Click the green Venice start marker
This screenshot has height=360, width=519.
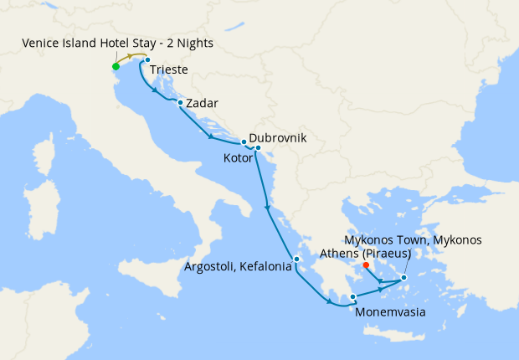point(116,67)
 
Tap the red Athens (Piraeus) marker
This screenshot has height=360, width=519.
point(367,265)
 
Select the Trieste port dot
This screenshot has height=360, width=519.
point(146,60)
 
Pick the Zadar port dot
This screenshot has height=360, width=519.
point(180,103)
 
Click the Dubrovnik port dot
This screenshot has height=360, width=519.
point(244,141)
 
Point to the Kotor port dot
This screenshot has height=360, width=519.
point(258,149)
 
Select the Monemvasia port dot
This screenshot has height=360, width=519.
point(353,296)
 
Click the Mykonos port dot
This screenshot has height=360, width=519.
point(403,278)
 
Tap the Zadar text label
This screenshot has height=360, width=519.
point(203,104)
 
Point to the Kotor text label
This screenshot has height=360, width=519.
point(237,157)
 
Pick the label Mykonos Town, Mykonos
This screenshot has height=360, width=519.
point(414,239)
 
